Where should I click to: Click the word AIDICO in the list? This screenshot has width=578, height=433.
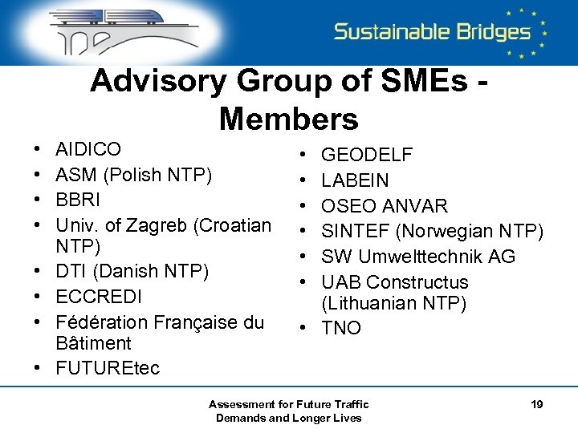pos(88,149)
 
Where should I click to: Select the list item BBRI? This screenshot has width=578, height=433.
pos(77,200)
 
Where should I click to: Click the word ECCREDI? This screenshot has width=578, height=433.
pos(99,297)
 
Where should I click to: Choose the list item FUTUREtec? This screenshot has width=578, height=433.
pos(108,368)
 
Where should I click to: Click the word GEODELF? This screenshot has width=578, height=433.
pos(367,155)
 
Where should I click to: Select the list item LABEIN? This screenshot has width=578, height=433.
pos(355,180)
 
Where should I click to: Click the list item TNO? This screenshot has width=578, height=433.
pos(341,328)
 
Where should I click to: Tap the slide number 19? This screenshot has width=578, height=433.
pos(537,404)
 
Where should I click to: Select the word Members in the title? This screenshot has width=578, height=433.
pos(288,119)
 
